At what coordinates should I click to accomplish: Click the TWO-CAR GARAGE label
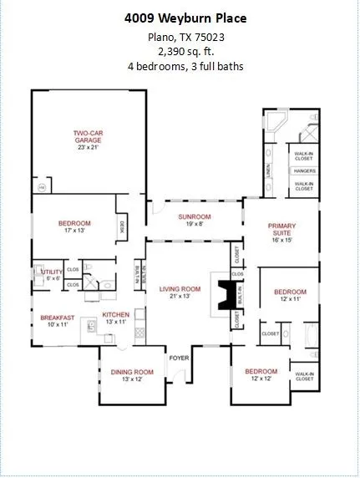87,136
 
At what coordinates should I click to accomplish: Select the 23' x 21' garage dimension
87,148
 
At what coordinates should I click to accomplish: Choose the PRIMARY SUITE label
282,230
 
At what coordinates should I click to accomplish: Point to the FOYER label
180,358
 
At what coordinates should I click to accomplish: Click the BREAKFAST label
58,318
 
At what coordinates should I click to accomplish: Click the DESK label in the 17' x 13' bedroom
122,225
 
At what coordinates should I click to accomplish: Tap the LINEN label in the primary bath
269,170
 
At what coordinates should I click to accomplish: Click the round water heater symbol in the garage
41,189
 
